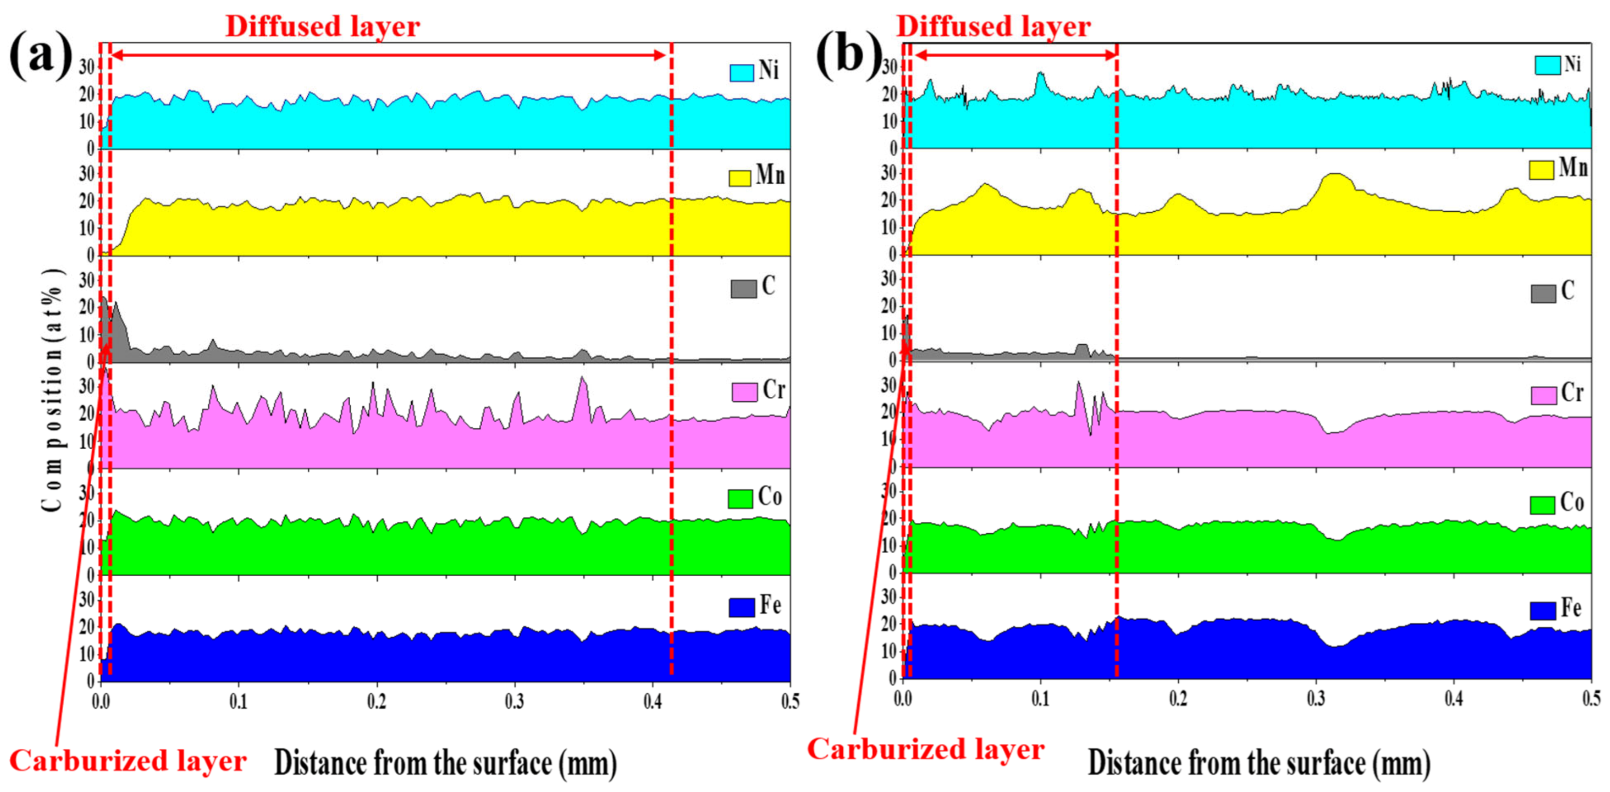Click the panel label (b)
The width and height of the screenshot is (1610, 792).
(849, 56)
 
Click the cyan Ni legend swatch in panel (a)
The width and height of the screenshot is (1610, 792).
(741, 73)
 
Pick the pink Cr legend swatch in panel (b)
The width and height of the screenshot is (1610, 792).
(1543, 395)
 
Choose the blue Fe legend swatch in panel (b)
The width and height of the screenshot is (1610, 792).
(1543, 610)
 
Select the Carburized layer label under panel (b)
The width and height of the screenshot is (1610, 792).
(925, 749)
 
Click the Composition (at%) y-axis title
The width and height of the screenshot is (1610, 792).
(54, 391)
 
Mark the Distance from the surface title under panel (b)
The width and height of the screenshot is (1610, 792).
(1259, 763)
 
